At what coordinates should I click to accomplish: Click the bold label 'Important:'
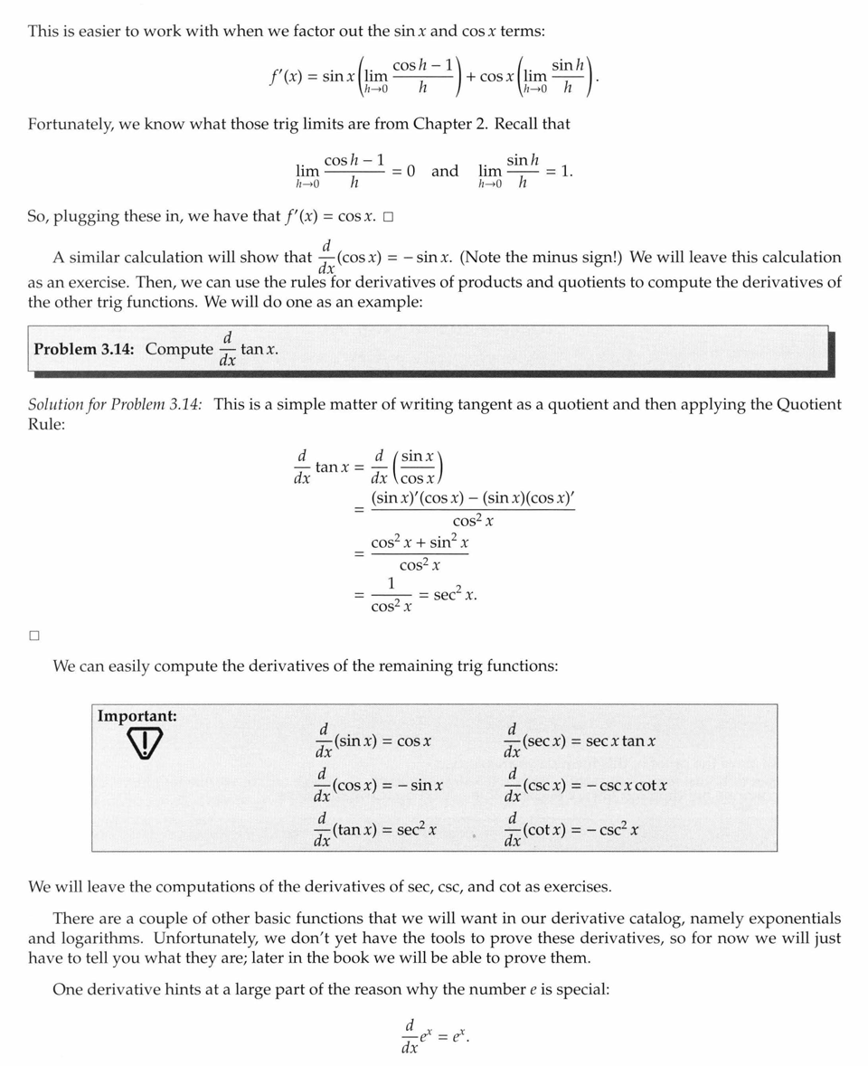coord(137,716)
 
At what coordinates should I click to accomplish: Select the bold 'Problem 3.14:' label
coord(85,349)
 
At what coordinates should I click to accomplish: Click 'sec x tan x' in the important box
coord(620,741)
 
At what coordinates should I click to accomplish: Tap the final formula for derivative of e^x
coord(435,1036)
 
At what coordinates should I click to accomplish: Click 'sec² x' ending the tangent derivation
coord(455,595)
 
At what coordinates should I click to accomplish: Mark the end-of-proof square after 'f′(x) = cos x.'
coord(388,217)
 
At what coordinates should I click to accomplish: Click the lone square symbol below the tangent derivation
coord(34,636)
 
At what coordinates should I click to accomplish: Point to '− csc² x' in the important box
coord(610,830)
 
